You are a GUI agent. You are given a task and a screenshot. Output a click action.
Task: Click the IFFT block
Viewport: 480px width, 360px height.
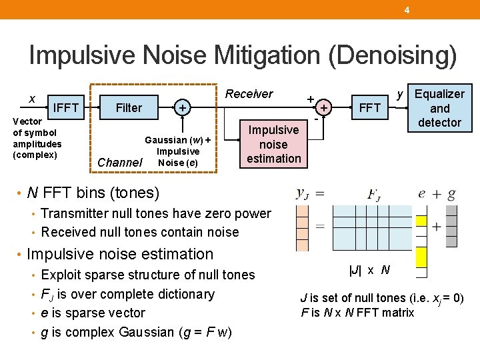point(66,107)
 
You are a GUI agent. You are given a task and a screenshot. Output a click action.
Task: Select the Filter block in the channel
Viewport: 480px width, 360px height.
point(129,107)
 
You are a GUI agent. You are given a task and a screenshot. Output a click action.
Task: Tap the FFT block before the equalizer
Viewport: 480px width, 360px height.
point(369,107)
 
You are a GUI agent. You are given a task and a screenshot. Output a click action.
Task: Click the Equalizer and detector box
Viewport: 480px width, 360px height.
point(439,108)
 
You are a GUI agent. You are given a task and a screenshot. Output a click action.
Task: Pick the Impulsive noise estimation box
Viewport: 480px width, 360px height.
point(273,144)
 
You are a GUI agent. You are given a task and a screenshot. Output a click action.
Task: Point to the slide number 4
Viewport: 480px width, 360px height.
point(406,9)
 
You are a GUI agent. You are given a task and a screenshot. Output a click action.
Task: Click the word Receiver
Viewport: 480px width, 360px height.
point(249,94)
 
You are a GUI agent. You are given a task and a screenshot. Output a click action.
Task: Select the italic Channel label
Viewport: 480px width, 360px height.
point(120,162)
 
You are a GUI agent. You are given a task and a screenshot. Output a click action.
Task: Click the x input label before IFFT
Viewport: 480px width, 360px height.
point(32,99)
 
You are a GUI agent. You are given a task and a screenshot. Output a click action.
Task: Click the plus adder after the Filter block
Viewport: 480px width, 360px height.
point(182,107)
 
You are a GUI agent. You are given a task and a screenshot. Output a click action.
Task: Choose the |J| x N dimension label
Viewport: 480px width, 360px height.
point(369,271)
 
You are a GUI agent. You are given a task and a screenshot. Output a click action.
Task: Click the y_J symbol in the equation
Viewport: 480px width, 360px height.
point(302,194)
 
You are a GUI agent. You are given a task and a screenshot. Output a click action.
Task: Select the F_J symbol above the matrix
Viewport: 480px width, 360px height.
point(374,195)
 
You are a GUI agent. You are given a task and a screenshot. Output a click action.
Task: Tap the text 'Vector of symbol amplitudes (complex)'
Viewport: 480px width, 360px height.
point(37,139)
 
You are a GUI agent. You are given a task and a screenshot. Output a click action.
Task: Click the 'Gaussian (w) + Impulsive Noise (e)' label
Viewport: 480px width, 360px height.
point(178,151)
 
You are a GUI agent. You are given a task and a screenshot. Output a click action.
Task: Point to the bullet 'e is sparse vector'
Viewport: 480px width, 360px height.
point(93,313)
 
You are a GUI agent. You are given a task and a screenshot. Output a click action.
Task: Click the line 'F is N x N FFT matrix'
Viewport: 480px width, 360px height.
point(357,312)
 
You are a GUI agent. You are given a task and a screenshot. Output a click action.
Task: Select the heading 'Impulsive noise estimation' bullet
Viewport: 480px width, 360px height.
point(120,254)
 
